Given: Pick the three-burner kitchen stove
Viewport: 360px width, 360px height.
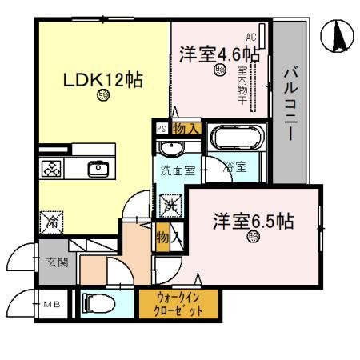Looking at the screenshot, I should tap(53, 169).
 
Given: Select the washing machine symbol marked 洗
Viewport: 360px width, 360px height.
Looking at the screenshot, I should tap(170, 206).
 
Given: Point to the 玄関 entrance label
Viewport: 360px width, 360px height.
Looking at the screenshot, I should tap(51, 262).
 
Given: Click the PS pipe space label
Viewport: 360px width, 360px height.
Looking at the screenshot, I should tap(161, 127).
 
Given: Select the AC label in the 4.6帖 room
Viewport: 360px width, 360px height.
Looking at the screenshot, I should tap(250, 37).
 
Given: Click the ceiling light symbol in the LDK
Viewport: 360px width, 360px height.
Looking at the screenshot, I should tap(103, 97).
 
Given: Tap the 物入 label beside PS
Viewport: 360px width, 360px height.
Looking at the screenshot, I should tap(186, 128).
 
